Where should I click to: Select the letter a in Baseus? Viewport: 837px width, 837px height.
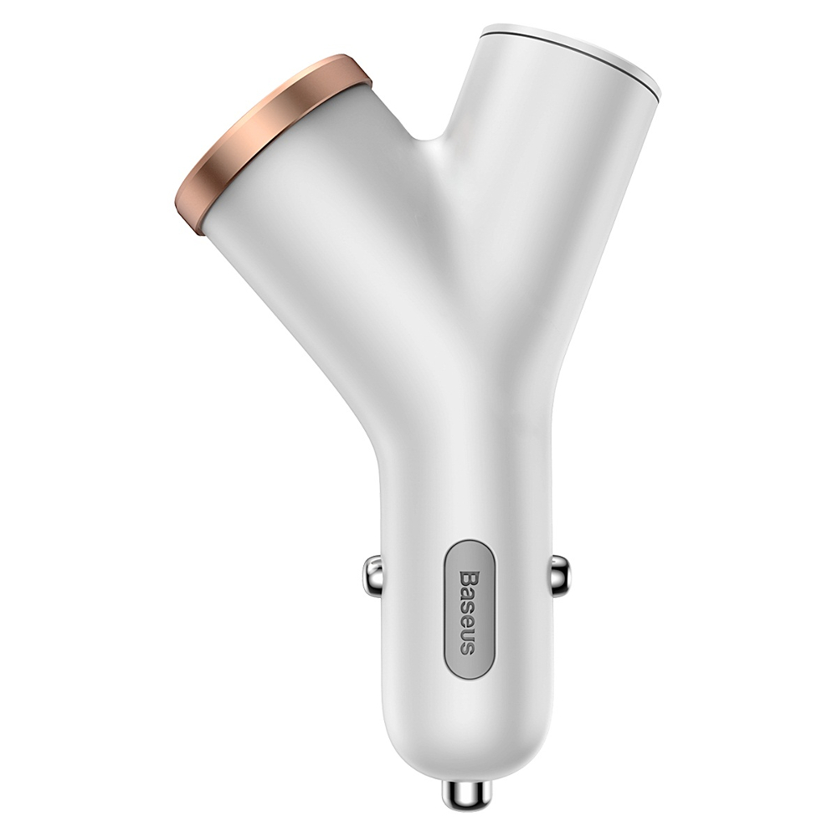468,593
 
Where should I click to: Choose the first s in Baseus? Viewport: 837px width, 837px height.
468,605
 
